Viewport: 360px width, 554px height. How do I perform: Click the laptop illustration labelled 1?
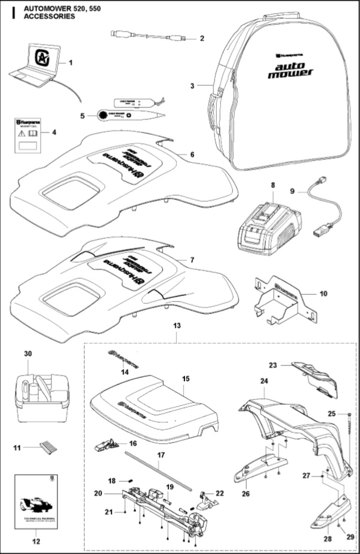point(34,64)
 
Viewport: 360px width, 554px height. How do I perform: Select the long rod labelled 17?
point(158,471)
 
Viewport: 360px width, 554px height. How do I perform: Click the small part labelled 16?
point(106,444)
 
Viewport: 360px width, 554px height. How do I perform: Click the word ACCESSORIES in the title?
point(50,17)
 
